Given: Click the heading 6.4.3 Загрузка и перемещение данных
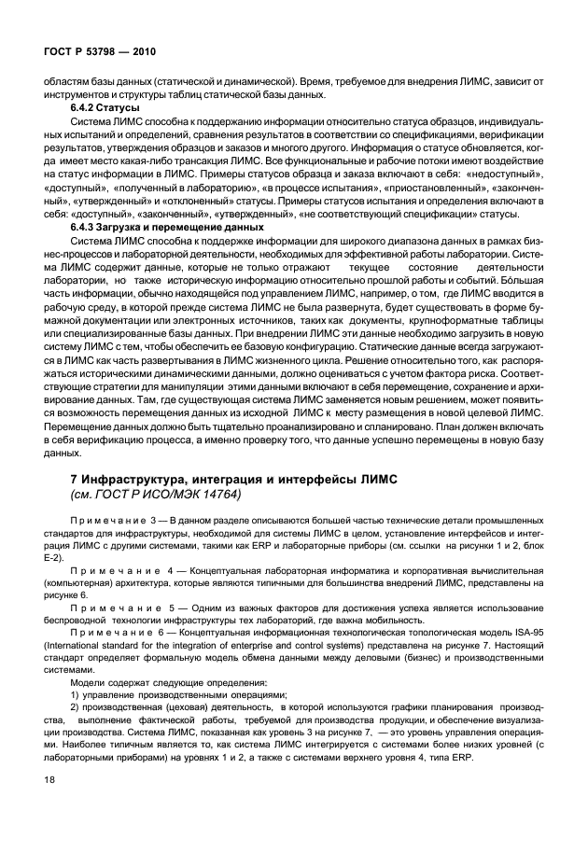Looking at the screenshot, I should click(x=168, y=228).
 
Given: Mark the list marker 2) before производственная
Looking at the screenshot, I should click(x=77, y=708).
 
